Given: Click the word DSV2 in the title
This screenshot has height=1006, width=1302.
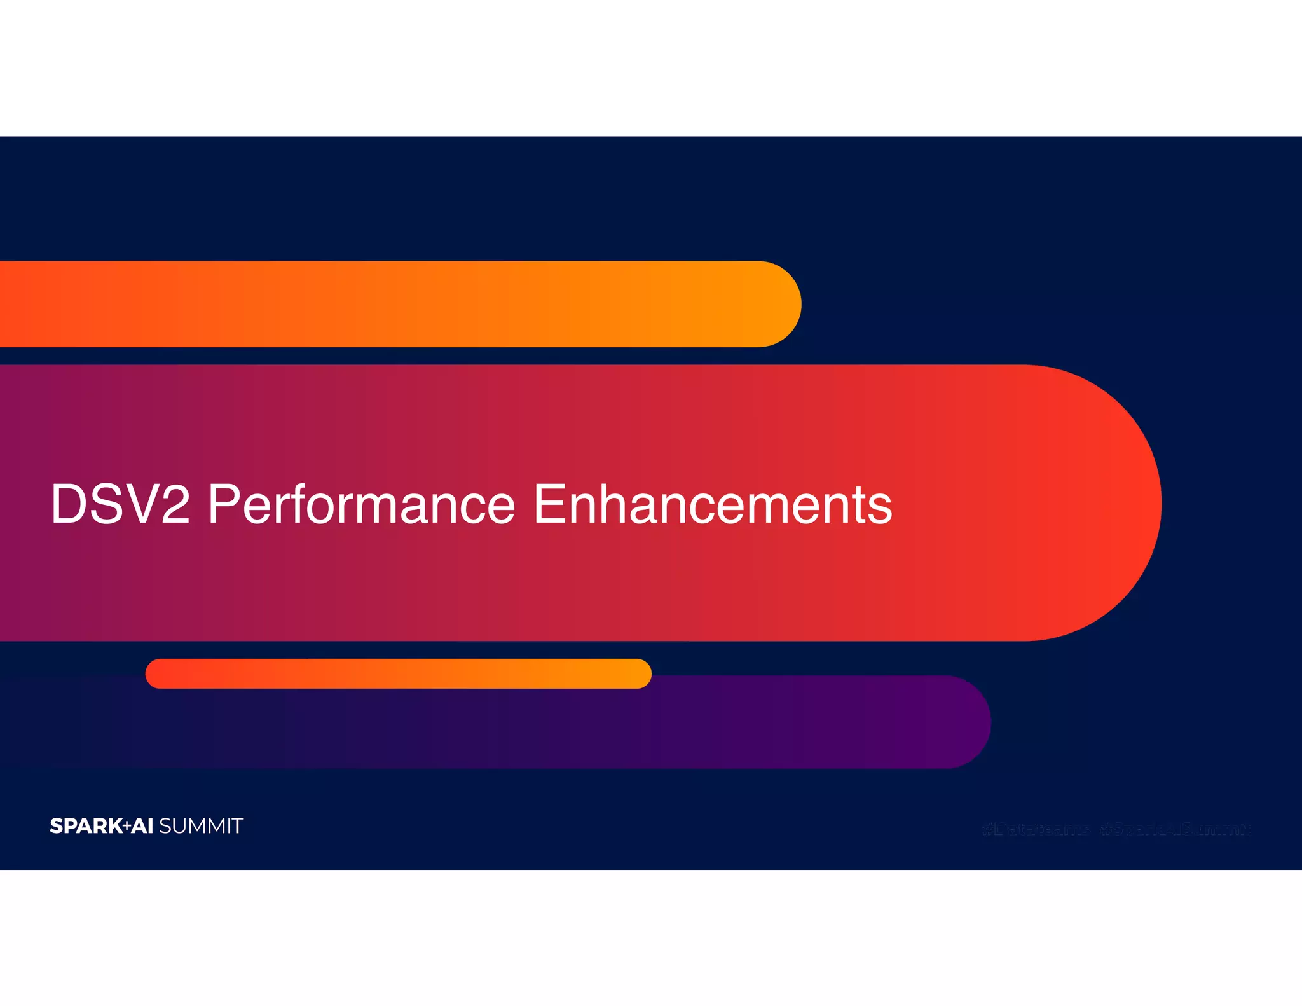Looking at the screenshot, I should coord(120,504).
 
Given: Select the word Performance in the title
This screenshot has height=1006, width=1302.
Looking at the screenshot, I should coord(361,504).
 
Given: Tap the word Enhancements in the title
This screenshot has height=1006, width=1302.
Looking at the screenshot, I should coord(713,504).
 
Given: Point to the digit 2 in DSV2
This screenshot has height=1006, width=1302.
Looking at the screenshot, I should coord(175,504).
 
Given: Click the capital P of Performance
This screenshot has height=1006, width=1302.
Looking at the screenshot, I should coord(223,504).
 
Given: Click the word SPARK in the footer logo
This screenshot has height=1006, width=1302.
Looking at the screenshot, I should coord(86,826).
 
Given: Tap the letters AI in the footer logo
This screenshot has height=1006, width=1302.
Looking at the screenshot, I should coord(142,826).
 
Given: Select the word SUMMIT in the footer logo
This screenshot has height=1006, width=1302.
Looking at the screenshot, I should coord(201,826).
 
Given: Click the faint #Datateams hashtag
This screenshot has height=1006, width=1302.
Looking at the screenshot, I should coord(1035,829).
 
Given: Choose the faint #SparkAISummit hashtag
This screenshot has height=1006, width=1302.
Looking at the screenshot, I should coord(1175,829).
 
